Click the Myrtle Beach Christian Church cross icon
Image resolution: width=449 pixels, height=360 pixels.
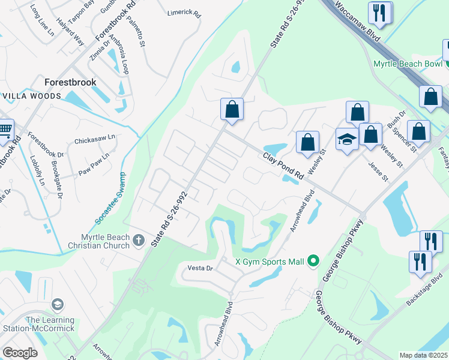pos(139,241)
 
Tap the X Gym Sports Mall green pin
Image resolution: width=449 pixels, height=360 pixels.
pos(312,261)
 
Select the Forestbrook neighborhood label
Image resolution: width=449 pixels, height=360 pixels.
pos(71,82)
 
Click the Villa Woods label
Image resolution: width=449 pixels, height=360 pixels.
pos(32,96)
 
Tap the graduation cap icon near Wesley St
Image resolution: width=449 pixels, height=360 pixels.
pos(347,140)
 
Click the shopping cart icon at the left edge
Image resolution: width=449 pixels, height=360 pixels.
pos(5,129)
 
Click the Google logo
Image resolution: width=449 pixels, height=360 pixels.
pos(20,353)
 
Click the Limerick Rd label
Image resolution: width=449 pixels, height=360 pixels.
pos(184,11)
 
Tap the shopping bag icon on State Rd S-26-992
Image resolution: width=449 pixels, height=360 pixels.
pos(232,109)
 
